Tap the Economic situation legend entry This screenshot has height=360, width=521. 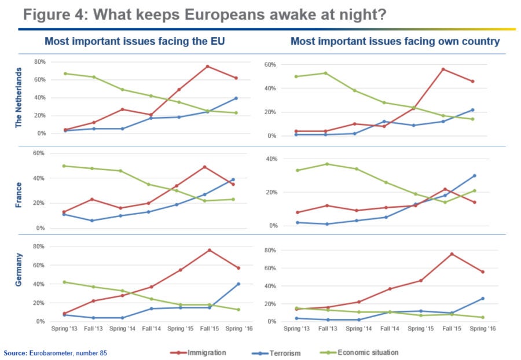click(367, 352)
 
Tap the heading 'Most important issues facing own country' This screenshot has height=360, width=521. click(395, 41)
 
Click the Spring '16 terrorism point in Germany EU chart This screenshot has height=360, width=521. click(238, 284)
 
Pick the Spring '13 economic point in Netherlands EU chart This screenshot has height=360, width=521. click(65, 74)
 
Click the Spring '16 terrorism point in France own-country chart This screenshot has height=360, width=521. click(474, 175)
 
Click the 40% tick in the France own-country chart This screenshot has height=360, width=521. click(271, 159)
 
